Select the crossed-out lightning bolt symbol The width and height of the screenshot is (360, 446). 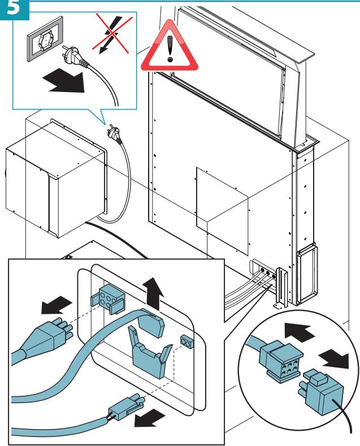tap(112, 33)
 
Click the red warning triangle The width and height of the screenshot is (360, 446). tap(170, 47)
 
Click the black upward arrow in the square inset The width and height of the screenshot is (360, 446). tap(153, 294)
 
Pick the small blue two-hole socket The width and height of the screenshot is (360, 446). tap(187, 342)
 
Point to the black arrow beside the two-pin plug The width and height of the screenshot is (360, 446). tap(149, 418)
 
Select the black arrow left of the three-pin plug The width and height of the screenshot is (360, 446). tap(56, 304)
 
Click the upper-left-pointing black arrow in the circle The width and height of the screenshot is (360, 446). tap(299, 332)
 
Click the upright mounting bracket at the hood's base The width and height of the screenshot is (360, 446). tap(281, 287)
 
